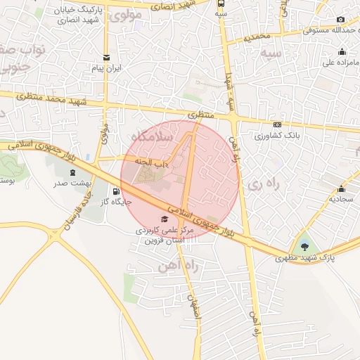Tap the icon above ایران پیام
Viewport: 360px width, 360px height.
pos(106,58)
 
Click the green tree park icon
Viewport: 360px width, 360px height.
pos(304,247)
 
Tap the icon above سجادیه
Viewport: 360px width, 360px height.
pos(341,188)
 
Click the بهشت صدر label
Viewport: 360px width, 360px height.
pos(71,184)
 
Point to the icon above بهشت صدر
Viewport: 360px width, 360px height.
pos(71,172)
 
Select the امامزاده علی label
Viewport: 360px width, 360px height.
pos(341,62)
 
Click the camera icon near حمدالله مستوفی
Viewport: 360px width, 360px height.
pos(341,20)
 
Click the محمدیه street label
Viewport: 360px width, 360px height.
pos(257,36)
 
